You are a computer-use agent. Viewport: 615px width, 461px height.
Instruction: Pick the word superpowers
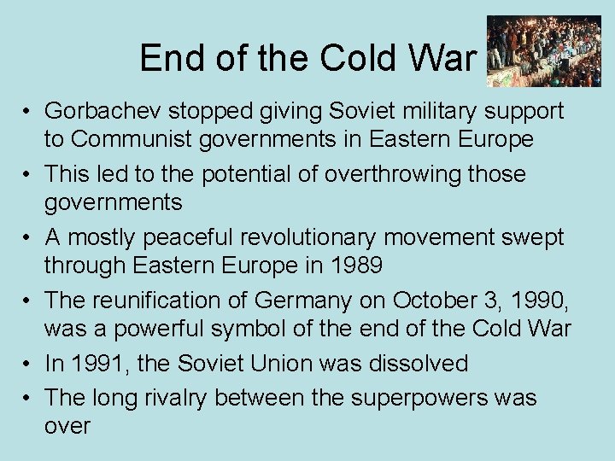click(401, 398)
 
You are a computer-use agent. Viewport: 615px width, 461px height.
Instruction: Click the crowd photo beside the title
click(542, 51)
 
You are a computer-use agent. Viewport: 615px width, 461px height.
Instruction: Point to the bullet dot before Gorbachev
click(28, 112)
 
